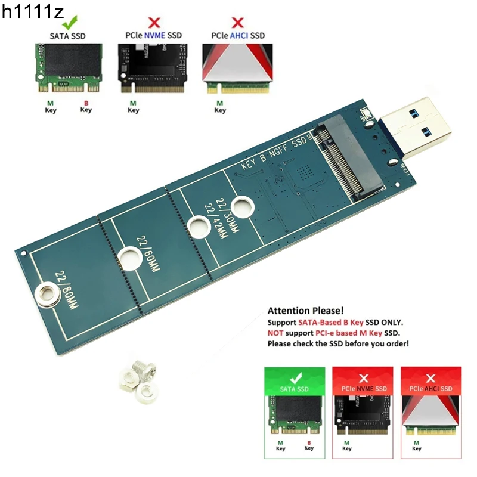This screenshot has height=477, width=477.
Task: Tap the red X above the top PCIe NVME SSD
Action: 154,23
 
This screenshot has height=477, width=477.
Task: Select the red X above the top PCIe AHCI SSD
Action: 237,23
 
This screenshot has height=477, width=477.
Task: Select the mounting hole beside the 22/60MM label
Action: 128,257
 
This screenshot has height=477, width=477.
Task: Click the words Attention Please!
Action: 305,311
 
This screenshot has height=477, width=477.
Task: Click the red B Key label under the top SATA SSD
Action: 86,106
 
